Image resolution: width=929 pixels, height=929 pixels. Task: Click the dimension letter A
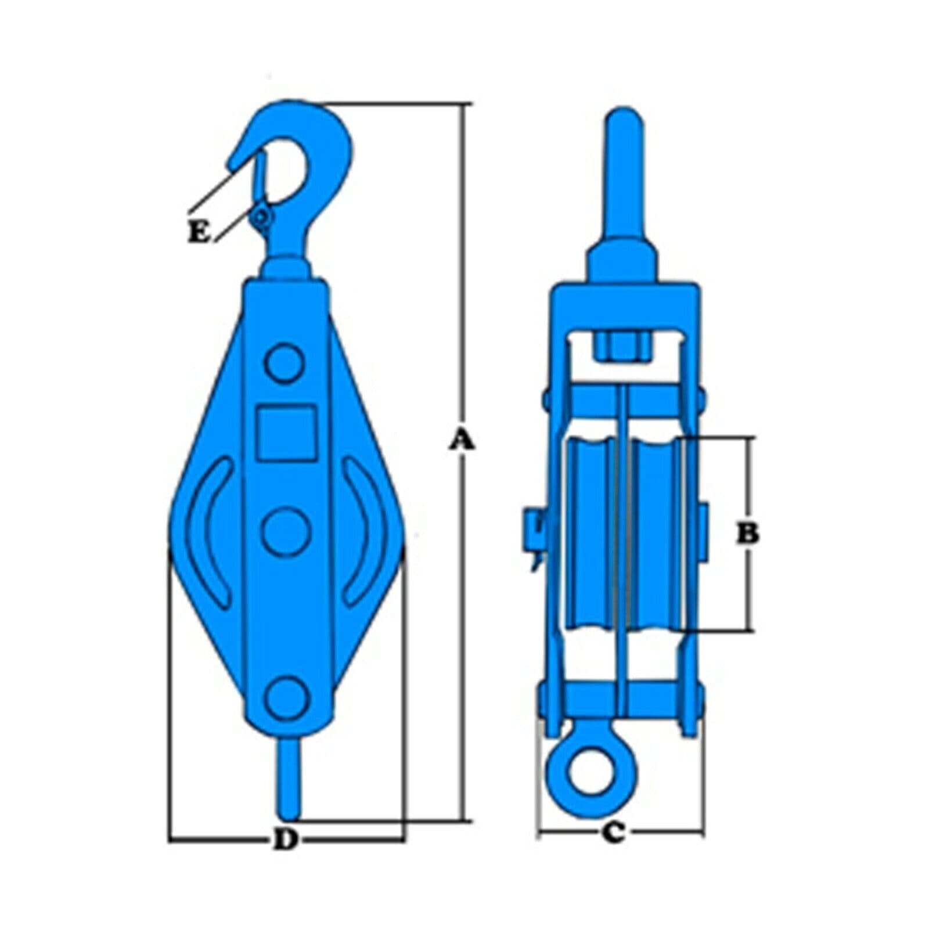coord(463,441)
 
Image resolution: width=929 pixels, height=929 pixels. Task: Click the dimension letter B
coord(748,532)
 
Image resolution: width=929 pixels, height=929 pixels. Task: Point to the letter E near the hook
coord(198,233)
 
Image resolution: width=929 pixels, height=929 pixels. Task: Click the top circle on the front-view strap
coord(285,363)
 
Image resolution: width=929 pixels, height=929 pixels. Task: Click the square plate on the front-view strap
coord(287,432)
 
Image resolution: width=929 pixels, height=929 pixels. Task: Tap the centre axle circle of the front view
coord(286,531)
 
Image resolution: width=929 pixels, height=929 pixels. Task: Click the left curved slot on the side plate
coord(209,531)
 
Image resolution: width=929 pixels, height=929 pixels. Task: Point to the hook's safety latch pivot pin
coord(261,218)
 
